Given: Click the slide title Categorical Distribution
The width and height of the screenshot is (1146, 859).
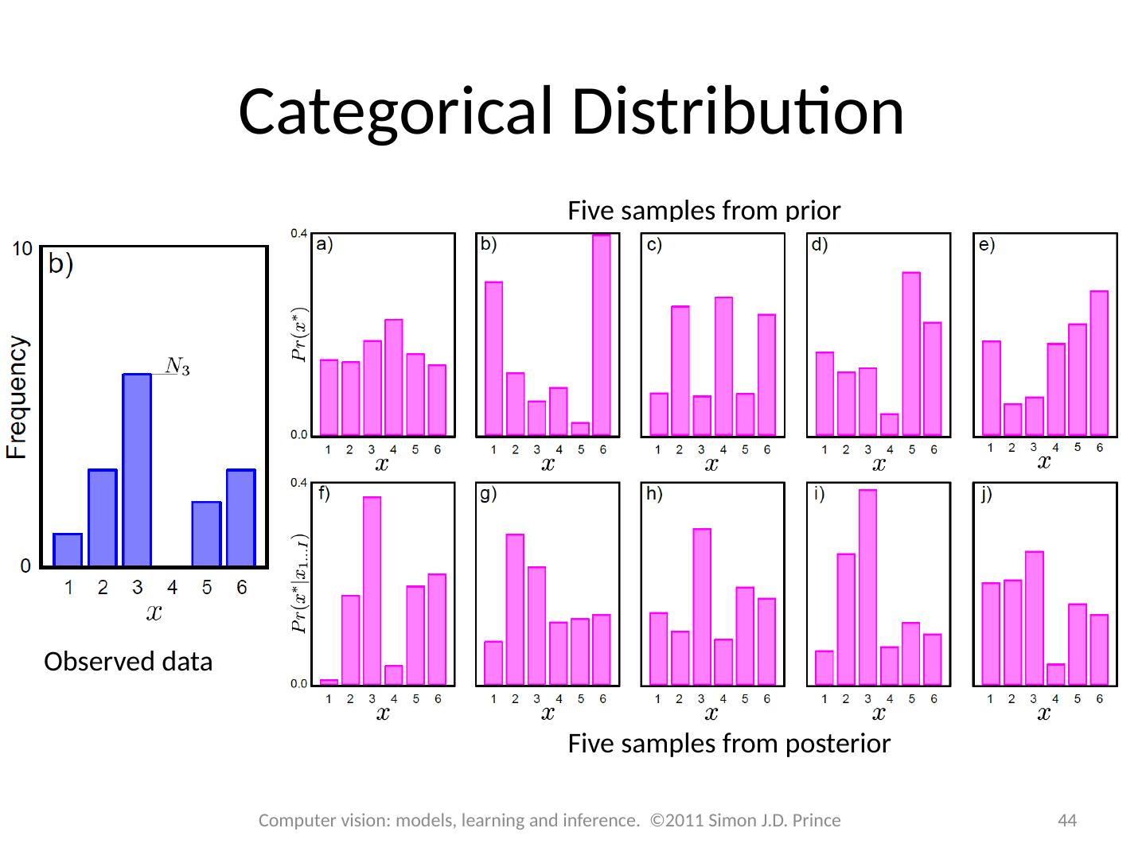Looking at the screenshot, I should pos(571,111).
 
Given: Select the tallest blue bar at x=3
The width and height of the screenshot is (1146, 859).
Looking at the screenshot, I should pos(137,469).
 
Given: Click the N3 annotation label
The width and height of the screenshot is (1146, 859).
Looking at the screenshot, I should pos(177,366).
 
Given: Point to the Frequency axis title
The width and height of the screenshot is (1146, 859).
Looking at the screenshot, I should pos(18,398).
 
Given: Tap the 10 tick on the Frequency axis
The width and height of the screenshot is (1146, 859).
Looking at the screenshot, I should pos(22,249).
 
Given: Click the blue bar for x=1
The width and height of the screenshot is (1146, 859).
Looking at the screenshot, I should pos(68,550).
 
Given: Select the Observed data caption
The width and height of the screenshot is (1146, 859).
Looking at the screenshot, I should pos(128,662).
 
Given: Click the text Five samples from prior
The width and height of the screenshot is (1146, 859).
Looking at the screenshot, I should pos(704,211).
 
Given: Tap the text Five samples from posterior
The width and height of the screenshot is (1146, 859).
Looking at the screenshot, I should pos(729,744).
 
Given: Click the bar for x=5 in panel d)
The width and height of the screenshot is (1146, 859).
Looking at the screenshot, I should pos(911,354).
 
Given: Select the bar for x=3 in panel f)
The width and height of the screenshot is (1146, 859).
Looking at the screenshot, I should pos(372,590).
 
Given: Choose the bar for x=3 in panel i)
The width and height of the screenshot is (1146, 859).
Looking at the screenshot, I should pos(868,587).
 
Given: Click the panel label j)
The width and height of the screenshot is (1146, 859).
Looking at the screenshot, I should pos(987,495).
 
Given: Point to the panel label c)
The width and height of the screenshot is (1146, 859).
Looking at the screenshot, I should pos(654,245).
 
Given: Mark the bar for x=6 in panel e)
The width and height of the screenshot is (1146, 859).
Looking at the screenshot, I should pos(1099,363).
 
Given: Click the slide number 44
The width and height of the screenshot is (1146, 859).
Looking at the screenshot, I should pos(1066,820).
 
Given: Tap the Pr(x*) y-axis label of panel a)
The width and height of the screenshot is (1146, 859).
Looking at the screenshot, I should pos(299,334).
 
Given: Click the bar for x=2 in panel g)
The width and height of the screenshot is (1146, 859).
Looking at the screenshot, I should pos(515,608).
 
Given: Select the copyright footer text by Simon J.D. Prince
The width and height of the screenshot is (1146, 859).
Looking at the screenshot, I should pos(550,820).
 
